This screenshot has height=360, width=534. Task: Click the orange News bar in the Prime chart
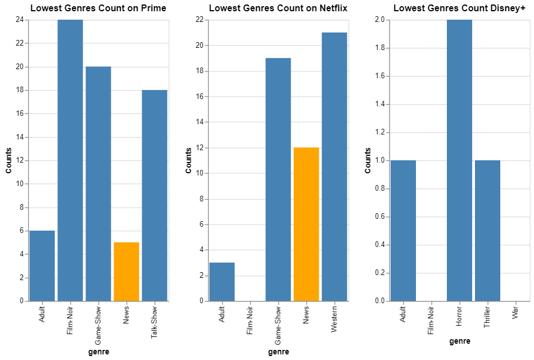click(126, 272)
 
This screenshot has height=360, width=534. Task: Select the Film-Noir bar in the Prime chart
click(70, 160)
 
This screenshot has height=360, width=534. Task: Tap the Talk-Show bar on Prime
click(155, 195)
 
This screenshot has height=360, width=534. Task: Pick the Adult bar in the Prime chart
click(42, 265)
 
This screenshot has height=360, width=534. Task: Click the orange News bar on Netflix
click(306, 224)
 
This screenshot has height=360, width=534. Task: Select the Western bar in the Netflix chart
click(334, 166)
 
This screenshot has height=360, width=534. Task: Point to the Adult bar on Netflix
click(222, 281)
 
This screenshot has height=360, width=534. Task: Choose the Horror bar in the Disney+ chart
click(459, 160)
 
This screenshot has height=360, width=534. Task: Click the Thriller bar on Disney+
click(487, 231)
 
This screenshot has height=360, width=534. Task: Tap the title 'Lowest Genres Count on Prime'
click(98, 8)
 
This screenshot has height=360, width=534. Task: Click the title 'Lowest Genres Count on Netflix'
click(278, 8)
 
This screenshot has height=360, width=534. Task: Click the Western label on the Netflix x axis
click(334, 319)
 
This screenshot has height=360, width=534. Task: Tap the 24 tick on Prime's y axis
click(20, 20)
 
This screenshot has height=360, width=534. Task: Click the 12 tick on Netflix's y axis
click(200, 148)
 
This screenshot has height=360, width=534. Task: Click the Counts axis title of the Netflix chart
click(189, 160)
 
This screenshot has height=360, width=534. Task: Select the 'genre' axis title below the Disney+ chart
click(459, 341)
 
